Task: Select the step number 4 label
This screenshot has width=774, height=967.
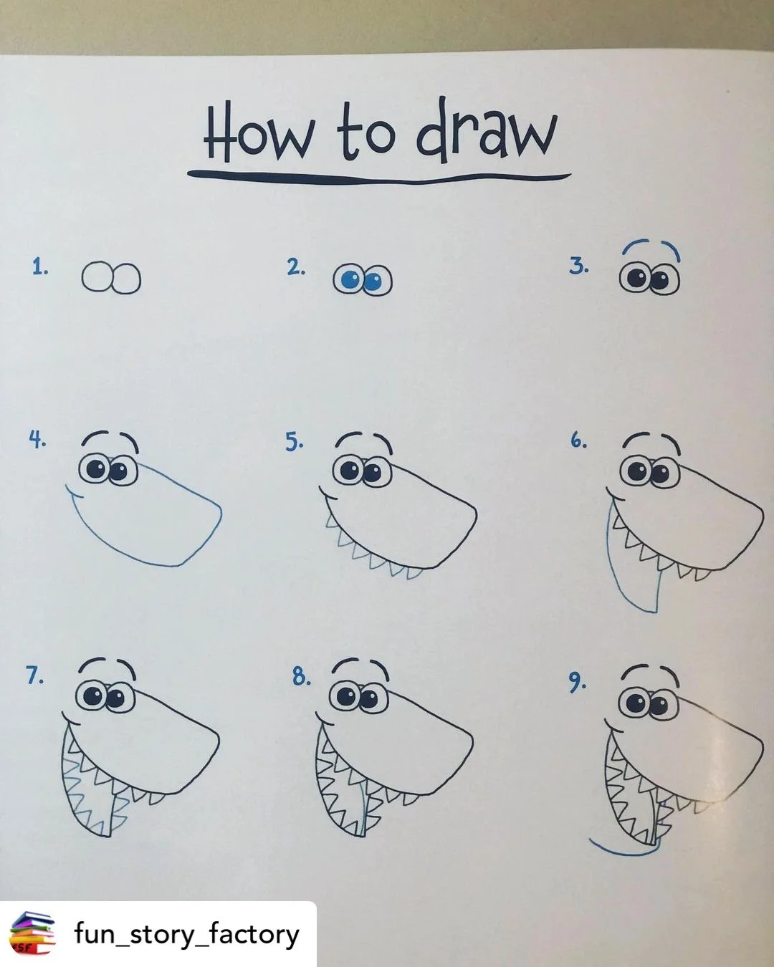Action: (x=37, y=440)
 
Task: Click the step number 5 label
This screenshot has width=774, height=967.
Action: (x=294, y=443)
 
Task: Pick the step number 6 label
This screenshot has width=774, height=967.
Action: (x=578, y=441)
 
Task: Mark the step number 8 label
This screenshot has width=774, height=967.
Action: (x=301, y=676)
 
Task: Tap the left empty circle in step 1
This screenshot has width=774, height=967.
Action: (x=96, y=277)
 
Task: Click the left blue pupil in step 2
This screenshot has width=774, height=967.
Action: (x=350, y=280)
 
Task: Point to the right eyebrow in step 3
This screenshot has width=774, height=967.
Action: (x=674, y=251)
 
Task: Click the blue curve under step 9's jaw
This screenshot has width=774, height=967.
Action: (x=623, y=850)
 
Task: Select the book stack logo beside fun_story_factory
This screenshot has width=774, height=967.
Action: (x=32, y=933)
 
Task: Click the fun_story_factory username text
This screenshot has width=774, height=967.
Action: (x=186, y=935)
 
